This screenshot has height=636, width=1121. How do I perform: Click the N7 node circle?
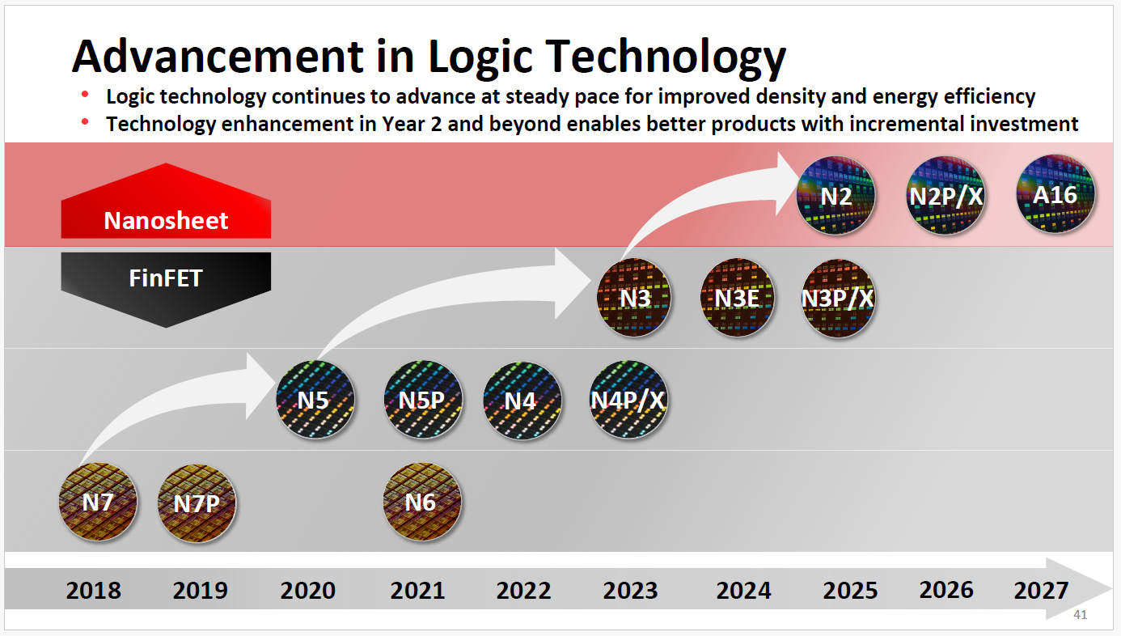tap(98, 502)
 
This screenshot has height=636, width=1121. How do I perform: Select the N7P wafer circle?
tap(197, 502)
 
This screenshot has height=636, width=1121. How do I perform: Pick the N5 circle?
tap(315, 400)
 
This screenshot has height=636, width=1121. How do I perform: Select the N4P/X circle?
tap(628, 400)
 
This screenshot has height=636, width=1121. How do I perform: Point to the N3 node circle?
tap(635, 298)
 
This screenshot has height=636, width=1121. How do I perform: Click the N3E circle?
tap(737, 298)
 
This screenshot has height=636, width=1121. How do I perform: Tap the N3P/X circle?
tap(838, 298)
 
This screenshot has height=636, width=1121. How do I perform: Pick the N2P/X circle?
tap(945, 196)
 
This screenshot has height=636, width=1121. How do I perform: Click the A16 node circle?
tap(1055, 196)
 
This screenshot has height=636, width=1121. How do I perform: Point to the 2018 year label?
tap(93, 590)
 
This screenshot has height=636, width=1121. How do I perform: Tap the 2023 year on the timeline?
tap(631, 590)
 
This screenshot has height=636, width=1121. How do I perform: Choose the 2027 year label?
tap(1041, 590)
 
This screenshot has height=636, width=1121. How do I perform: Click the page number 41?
tap(1080, 616)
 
